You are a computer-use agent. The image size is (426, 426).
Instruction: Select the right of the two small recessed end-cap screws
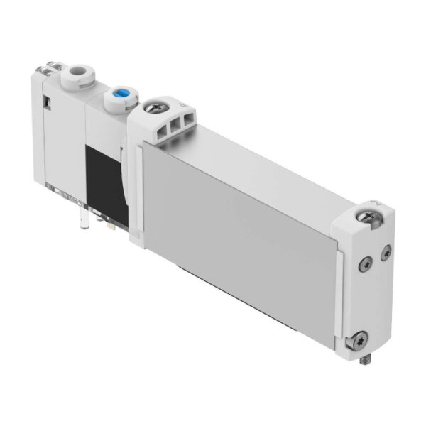pyautogui.click(x=386, y=252)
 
